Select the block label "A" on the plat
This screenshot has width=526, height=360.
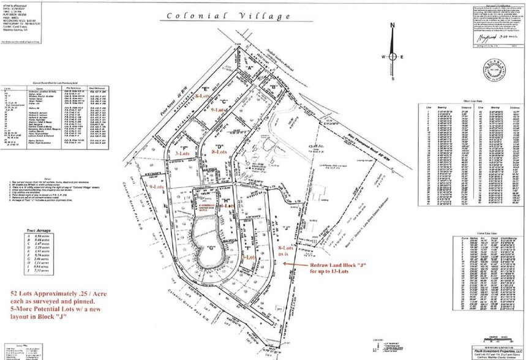[x=250, y=67]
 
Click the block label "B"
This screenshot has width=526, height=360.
[x=274, y=86]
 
